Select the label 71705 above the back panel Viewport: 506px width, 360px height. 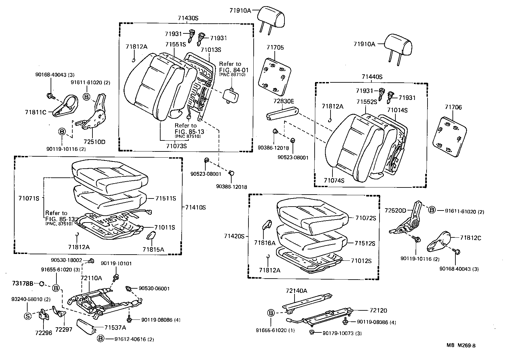pyautogui.click(x=275, y=48)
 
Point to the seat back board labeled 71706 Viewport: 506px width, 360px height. pyautogui.click(x=450, y=138)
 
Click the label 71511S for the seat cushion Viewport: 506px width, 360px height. pyautogui.click(x=165, y=198)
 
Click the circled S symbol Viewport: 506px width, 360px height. pyautogui.click(x=28, y=316)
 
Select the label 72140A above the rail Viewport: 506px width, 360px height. pyautogui.click(x=296, y=291)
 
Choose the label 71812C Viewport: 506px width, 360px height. pyautogui.click(x=470, y=238)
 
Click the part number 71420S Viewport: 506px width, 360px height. pyautogui.click(x=234, y=236)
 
